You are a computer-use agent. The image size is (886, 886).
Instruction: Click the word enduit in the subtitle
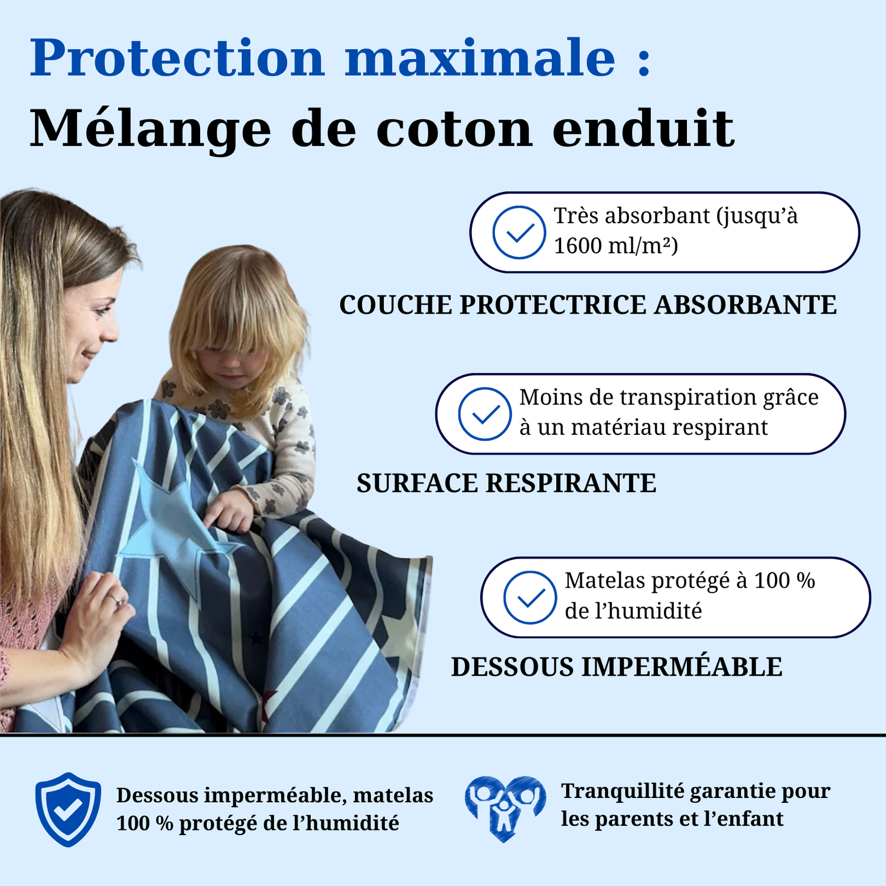(643, 128)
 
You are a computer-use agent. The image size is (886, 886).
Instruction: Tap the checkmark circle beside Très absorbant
(519, 232)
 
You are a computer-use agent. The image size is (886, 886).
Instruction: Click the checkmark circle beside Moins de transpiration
(485, 413)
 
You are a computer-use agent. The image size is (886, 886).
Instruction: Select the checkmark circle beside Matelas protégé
(530, 597)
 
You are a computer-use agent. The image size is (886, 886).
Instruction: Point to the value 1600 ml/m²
(615, 246)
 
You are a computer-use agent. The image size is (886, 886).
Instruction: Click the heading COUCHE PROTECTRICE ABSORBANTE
(588, 305)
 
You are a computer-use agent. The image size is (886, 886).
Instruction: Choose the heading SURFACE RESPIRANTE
(506, 483)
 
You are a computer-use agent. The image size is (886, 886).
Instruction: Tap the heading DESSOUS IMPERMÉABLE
(617, 666)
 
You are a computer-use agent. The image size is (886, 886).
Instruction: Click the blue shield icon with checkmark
(68, 809)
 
